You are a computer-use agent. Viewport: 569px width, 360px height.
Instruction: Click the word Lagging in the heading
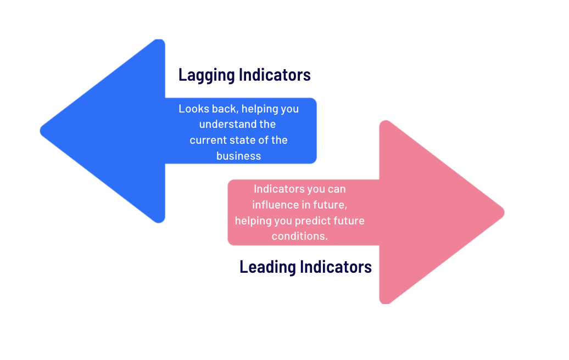click(x=207, y=75)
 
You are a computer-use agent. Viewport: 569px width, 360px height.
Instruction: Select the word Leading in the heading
click(x=268, y=267)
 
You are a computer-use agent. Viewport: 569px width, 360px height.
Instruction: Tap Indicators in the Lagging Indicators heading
click(x=275, y=75)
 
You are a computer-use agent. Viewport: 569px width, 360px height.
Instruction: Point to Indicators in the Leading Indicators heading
click(x=336, y=267)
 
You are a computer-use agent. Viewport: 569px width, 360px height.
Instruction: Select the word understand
click(x=224, y=125)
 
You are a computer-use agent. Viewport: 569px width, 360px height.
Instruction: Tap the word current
click(x=205, y=140)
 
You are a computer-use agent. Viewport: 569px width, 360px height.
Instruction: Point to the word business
click(x=239, y=156)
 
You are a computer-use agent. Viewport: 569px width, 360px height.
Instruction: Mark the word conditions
click(x=300, y=237)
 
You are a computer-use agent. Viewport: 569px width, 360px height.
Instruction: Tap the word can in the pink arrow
click(x=336, y=189)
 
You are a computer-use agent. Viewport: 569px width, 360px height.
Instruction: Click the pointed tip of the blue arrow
click(x=40, y=131)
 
